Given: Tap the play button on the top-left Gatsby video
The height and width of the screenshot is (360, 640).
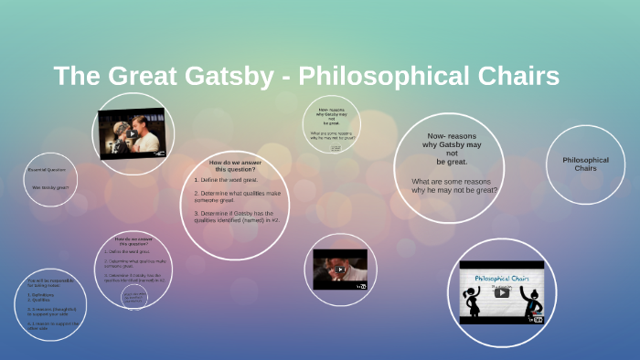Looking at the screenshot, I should click(x=132, y=132).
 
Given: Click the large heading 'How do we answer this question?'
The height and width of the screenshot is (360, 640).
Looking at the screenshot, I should click(x=235, y=166).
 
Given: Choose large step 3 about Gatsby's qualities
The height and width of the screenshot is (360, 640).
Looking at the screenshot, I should click(x=237, y=216).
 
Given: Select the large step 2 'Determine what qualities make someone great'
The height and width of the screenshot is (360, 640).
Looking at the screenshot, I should click(x=237, y=196).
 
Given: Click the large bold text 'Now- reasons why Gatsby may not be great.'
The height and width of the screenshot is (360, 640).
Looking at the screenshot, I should click(x=451, y=149).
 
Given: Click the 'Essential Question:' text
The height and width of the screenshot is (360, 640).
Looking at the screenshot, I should click(x=48, y=171).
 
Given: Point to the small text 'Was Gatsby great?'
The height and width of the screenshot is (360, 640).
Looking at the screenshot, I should click(x=50, y=187).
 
